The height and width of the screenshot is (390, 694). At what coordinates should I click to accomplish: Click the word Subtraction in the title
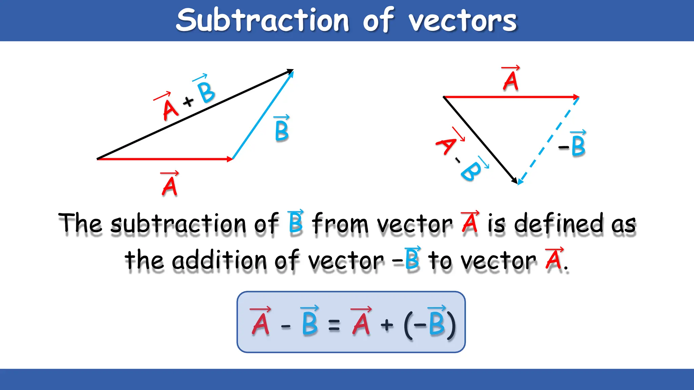tap(263, 20)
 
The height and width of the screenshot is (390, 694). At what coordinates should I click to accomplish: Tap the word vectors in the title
tap(463, 21)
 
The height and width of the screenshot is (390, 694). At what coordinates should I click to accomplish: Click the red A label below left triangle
tap(169, 185)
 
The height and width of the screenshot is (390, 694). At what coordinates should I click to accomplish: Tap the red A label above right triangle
tap(511, 80)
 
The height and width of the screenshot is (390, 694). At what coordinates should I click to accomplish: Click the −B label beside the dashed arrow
tap(573, 145)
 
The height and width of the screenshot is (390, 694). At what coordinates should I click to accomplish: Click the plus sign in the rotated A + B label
tap(188, 101)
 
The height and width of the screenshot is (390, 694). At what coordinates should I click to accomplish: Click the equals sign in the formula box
tap(334, 326)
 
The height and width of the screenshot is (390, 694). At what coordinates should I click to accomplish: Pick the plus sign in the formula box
tap(387, 325)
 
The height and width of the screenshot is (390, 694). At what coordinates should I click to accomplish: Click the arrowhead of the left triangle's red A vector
tap(230, 159)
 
